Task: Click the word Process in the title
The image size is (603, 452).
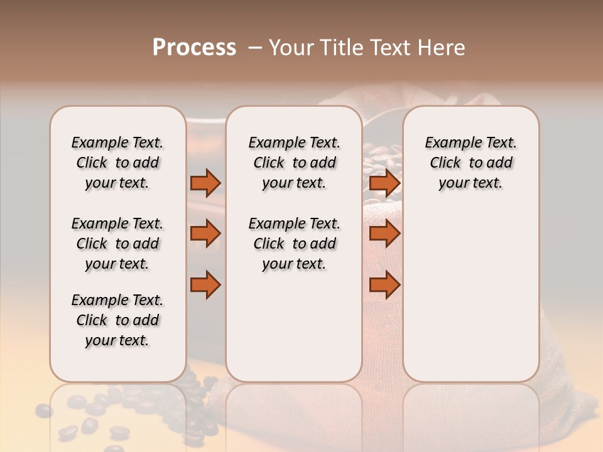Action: [194, 48]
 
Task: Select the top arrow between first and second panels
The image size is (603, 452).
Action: [205, 183]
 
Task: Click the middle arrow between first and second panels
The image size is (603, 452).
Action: [205, 234]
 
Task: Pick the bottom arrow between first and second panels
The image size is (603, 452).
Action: [205, 285]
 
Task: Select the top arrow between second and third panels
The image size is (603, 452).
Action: [384, 183]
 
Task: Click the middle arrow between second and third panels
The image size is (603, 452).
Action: [384, 234]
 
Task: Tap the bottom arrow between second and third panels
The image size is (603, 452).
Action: [384, 285]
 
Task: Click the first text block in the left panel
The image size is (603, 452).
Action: [117, 163]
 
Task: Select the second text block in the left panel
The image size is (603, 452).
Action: [117, 244]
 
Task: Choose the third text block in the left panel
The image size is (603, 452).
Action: [117, 320]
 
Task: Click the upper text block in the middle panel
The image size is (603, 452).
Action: [294, 163]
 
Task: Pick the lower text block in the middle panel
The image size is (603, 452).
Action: [294, 244]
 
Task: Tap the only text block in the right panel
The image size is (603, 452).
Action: [470, 163]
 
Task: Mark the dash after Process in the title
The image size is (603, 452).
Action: [255, 48]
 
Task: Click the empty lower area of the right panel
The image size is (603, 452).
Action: [470, 289]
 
